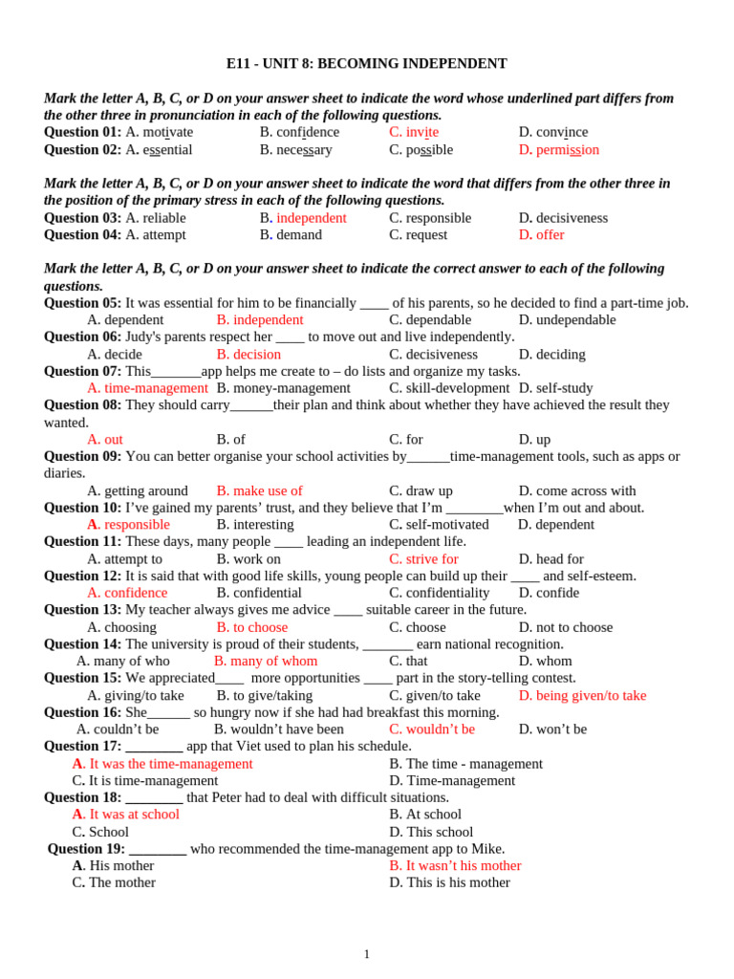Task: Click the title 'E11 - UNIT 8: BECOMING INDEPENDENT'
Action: coord(366,64)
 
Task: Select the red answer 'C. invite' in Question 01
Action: coord(413,132)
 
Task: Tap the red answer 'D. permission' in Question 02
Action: coord(558,149)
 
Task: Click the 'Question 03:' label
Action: coord(82,218)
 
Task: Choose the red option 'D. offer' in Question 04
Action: coord(541,235)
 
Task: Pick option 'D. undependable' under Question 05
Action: coord(567,320)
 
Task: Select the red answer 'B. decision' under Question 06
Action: coord(248,355)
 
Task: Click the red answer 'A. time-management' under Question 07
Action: coord(147,388)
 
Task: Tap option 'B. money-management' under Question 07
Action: coord(283,388)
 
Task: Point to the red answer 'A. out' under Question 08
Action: coord(105,440)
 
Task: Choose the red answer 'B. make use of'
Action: coord(259,491)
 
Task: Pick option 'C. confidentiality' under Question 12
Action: coord(439,593)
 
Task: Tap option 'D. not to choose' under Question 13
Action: coord(565,627)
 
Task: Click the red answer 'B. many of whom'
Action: coord(265,662)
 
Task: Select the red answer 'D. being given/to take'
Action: coord(582,695)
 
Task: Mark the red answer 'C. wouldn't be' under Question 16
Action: coord(431,729)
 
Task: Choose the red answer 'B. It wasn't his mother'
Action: coord(455,865)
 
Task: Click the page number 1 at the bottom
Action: coord(366,954)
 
